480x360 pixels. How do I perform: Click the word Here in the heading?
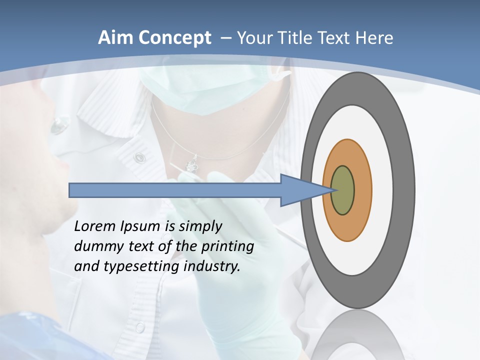[x=374, y=38]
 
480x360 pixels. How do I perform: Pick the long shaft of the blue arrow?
[x=175, y=190]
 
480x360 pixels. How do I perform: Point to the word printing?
[x=227, y=246]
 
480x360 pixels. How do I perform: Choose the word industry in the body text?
[x=212, y=266]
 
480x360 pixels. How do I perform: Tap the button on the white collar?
[x=139, y=158]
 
